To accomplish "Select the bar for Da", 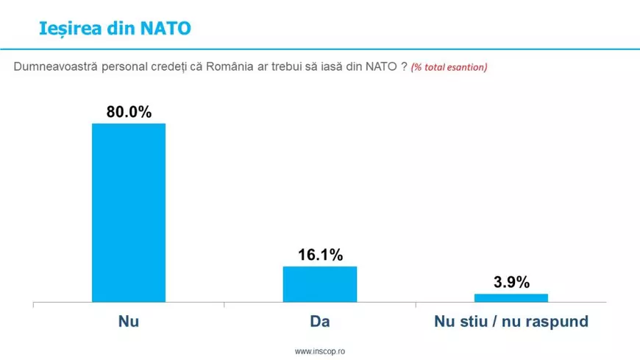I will (x=320, y=283).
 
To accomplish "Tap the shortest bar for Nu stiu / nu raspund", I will (x=511, y=297).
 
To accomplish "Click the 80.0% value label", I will (x=129, y=113).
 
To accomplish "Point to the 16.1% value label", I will (x=320, y=255).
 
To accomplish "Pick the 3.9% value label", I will (x=511, y=283).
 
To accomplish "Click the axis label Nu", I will (x=129, y=322).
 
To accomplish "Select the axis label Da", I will (x=320, y=322).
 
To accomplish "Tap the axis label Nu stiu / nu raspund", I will (x=511, y=322).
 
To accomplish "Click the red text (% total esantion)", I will (x=449, y=67).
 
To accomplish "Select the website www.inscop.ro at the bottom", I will (x=320, y=352).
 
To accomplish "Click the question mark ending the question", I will (x=404, y=67).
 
